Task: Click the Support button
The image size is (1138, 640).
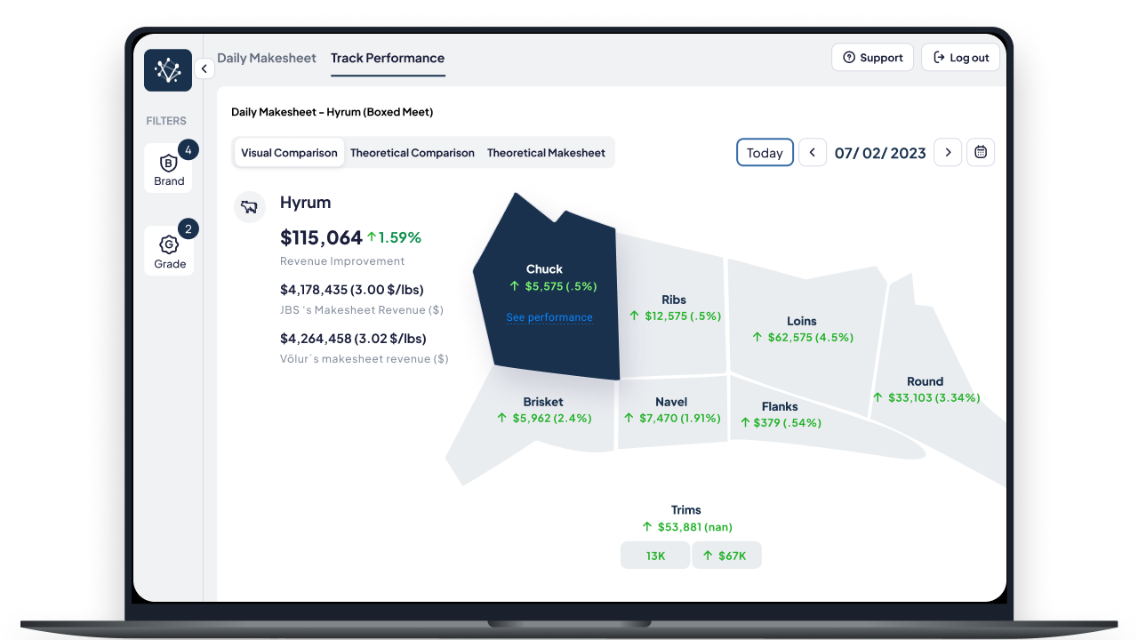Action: (872, 58)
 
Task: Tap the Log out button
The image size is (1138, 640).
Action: (960, 58)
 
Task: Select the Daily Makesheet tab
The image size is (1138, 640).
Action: (266, 58)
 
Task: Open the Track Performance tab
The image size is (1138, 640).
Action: (388, 58)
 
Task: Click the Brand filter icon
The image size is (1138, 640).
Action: (169, 163)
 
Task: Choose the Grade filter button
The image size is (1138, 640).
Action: (169, 251)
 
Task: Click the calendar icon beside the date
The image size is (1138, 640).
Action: (981, 152)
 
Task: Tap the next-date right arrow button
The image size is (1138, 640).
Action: (948, 152)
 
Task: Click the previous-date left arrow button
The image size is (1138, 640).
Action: (813, 152)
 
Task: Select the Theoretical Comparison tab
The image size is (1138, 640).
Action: (412, 152)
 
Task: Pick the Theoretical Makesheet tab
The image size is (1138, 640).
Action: (546, 152)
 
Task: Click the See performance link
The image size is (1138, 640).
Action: (549, 317)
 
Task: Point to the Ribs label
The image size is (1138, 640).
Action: (674, 300)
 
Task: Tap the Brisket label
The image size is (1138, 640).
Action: (543, 402)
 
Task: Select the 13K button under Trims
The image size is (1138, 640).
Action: (655, 556)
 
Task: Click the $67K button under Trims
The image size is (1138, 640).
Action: (726, 556)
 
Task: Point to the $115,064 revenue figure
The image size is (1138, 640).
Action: (321, 237)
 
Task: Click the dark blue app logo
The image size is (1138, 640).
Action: (168, 70)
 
